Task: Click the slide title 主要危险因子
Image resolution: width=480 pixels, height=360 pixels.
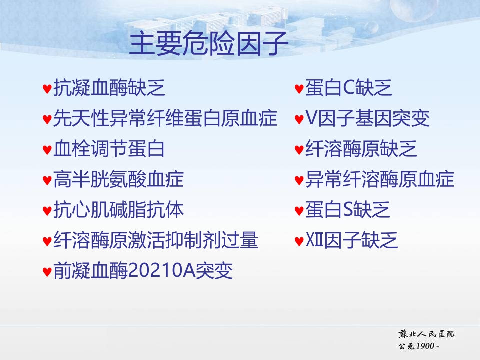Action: [209, 43]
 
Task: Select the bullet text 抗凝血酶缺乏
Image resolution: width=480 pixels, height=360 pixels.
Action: [109, 88]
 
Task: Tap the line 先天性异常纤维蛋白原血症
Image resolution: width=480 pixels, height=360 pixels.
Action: [165, 118]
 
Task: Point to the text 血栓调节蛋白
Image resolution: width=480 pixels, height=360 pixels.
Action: [109, 149]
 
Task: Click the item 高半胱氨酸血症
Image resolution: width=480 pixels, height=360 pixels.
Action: [119, 179]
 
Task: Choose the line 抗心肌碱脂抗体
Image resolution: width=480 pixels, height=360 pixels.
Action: [119, 210]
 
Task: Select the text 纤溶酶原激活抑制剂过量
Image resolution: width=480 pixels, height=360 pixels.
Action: [156, 240]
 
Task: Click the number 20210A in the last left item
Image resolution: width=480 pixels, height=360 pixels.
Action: [162, 270]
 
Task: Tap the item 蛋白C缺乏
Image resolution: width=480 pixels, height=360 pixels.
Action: [348, 88]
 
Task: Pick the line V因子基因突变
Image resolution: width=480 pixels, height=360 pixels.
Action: [367, 118]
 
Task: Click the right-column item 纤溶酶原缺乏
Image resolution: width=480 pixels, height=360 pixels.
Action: [361, 149]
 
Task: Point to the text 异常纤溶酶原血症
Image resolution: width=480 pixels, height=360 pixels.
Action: [380, 179]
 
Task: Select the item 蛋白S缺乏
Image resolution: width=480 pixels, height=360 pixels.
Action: [348, 210]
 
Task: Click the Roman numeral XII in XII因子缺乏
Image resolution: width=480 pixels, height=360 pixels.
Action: [314, 240]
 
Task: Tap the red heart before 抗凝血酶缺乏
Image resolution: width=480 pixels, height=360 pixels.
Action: [47, 89]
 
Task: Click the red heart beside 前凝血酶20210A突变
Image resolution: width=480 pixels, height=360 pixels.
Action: [47, 272]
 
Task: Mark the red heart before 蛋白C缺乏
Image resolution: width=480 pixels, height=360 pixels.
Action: [299, 89]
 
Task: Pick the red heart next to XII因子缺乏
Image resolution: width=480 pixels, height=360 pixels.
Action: [299, 241]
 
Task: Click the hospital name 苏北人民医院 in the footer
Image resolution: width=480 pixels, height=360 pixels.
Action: [426, 334]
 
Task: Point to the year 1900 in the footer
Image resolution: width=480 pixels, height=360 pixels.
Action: [425, 346]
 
